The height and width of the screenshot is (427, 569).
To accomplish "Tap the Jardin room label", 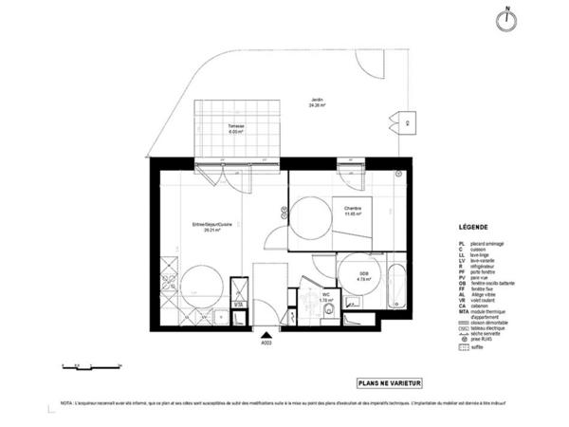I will point(317,102).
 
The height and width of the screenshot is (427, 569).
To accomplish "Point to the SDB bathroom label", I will point(362,276).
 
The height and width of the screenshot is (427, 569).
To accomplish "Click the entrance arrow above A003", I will point(266,333).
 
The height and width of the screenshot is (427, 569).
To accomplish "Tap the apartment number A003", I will point(266,343).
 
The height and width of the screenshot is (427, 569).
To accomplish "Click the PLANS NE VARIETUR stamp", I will point(388,383).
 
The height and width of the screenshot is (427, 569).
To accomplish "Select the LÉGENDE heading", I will point(474,229).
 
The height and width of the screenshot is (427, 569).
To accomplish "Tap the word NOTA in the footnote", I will point(66,403).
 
